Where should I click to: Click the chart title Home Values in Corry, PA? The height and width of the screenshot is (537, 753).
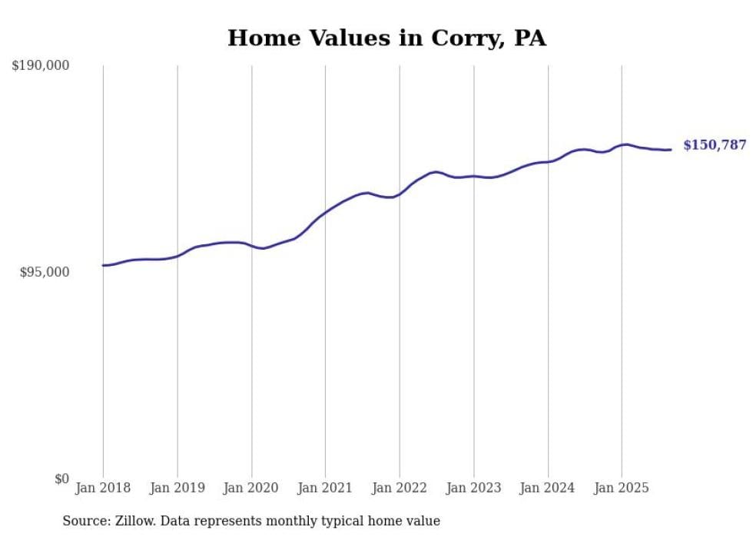click(386, 38)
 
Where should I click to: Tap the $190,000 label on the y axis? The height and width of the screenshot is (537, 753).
click(41, 66)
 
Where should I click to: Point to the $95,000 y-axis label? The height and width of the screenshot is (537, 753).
click(45, 272)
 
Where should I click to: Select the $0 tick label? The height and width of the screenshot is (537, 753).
click(61, 479)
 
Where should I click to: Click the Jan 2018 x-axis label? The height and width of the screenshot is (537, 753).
click(103, 488)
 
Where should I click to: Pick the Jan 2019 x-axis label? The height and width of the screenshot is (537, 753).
click(177, 488)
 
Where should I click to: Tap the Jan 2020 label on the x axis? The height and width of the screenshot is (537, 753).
click(251, 488)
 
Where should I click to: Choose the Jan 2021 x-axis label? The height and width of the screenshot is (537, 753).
click(325, 488)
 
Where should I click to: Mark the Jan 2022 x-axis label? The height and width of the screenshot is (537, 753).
click(400, 488)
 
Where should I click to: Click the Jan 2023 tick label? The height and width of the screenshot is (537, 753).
click(473, 488)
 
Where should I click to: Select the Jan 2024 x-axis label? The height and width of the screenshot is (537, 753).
click(548, 488)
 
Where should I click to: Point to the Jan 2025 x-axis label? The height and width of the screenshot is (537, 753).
click(622, 488)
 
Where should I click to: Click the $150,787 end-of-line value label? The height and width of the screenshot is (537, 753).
click(715, 145)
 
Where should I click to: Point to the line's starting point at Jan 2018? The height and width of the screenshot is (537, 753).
click(103, 265)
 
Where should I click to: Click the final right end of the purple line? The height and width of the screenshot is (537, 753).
click(671, 150)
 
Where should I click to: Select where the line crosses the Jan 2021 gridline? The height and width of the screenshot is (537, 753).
click(325, 211)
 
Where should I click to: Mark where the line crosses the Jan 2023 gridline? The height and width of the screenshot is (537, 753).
click(473, 176)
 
